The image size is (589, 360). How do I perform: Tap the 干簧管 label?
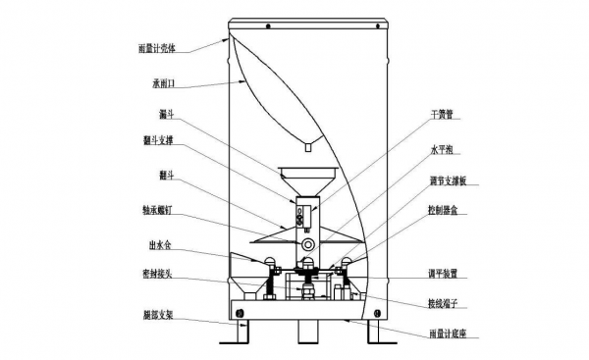(445, 115)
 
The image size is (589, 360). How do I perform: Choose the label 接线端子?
(447, 304)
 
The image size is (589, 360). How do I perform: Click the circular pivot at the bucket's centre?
(308, 241)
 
